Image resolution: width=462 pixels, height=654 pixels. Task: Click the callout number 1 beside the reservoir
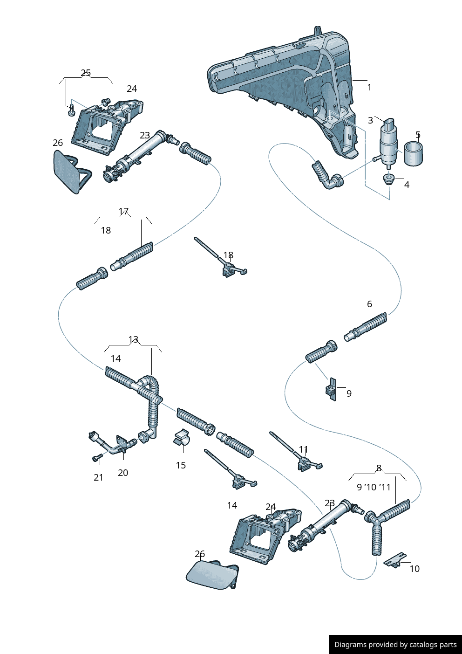point(369,87)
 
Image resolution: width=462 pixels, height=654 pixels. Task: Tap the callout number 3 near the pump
point(370,120)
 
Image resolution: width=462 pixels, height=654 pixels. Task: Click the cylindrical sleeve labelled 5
point(413,154)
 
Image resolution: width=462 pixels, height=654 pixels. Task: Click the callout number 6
point(369,304)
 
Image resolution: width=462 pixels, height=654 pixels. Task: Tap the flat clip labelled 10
point(394,560)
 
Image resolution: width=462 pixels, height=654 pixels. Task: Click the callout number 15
point(181,465)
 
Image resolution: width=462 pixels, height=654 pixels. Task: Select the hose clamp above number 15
point(182,438)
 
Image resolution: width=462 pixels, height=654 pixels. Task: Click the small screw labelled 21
point(97,459)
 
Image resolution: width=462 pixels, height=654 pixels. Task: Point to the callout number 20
point(123,473)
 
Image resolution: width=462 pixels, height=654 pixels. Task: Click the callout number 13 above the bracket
point(133,340)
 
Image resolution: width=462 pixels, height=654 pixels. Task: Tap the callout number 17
point(123,212)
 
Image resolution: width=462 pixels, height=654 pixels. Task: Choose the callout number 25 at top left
point(86,73)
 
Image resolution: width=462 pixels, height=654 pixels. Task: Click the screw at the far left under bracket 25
point(71,111)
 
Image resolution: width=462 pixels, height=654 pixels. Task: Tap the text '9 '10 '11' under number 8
point(374,487)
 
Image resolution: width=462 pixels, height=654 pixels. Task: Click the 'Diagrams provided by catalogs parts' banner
point(395,645)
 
